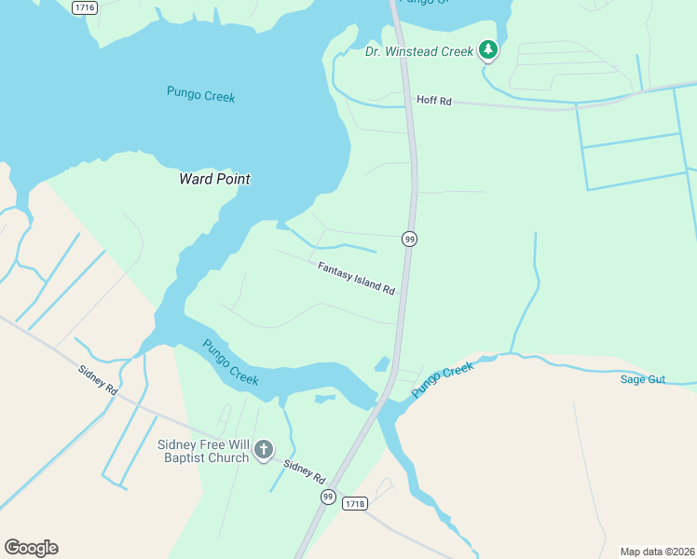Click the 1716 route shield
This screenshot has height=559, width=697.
pyautogui.click(x=85, y=7)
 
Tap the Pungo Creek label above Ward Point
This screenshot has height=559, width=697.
pyautogui.click(x=200, y=95)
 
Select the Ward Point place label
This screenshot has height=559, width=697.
pyautogui.click(x=214, y=179)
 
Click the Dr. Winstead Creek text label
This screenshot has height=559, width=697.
pyautogui.click(x=419, y=52)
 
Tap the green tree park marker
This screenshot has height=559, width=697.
pyautogui.click(x=488, y=50)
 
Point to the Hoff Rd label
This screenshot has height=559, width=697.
pyautogui.click(x=433, y=101)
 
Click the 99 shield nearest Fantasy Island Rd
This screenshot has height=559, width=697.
pyautogui.click(x=409, y=239)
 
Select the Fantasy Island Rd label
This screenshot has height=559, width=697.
pyautogui.click(x=356, y=279)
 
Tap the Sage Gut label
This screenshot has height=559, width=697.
pyautogui.click(x=643, y=379)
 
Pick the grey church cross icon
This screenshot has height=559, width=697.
pyautogui.click(x=264, y=451)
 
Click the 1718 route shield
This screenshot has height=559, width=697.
pyautogui.click(x=354, y=504)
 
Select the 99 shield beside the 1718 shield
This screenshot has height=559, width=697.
pyautogui.click(x=327, y=497)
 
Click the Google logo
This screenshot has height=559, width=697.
pyautogui.click(x=31, y=548)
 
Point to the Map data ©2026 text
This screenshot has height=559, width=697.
pyautogui.click(x=657, y=552)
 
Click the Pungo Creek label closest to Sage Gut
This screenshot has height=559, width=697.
pyautogui.click(x=443, y=381)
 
